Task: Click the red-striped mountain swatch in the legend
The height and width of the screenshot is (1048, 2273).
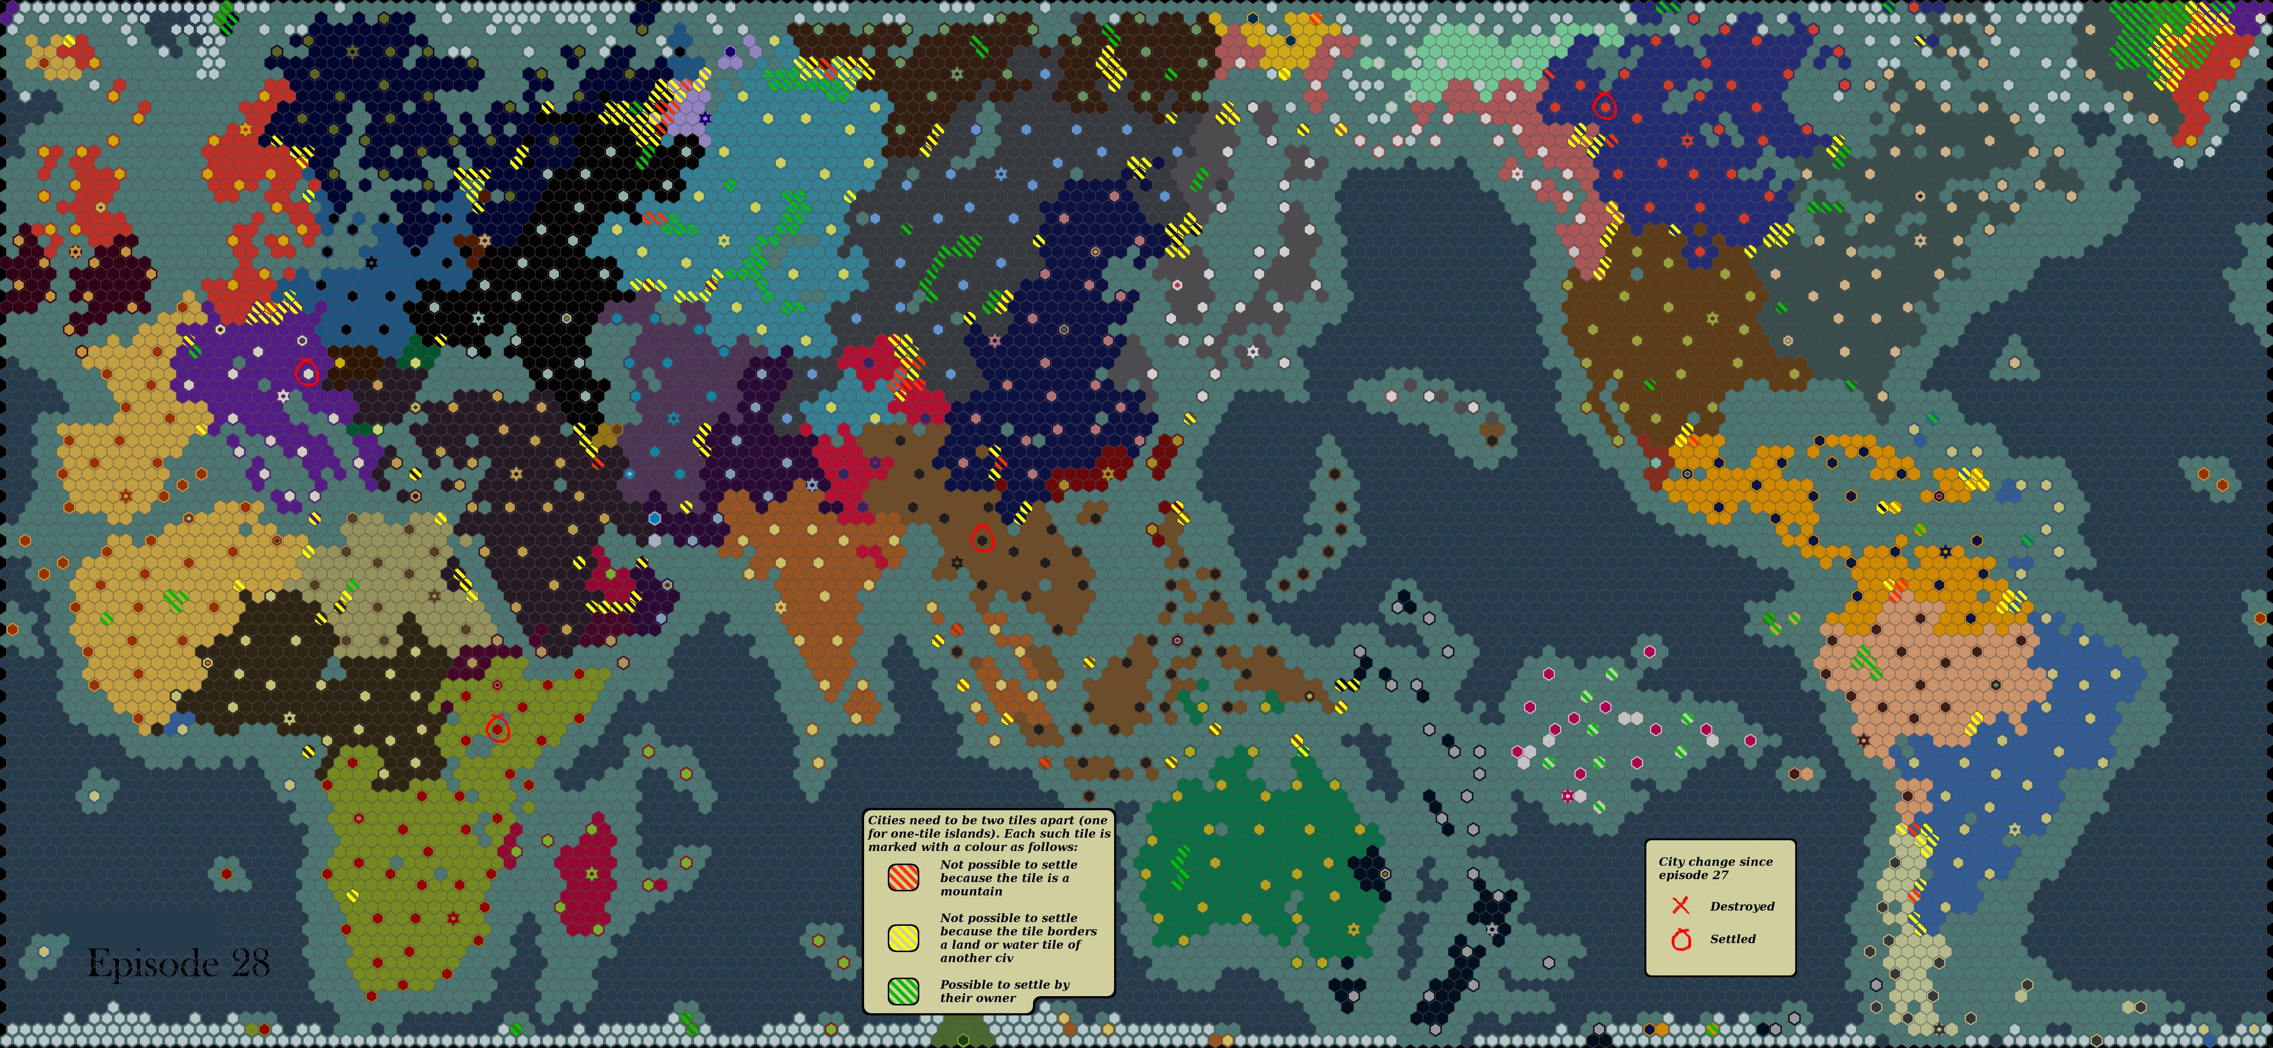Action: (x=903, y=877)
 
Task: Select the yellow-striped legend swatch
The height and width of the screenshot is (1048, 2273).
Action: (x=903, y=938)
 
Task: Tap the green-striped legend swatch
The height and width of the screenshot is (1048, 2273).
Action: (x=903, y=991)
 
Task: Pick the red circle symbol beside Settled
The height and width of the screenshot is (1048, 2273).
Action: (x=1681, y=939)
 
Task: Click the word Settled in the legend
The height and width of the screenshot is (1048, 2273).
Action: (x=1732, y=939)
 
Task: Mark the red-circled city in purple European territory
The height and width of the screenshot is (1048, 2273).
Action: (x=306, y=374)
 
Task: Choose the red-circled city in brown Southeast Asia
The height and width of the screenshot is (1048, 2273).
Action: (x=982, y=539)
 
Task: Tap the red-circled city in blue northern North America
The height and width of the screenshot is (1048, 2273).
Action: (x=1604, y=107)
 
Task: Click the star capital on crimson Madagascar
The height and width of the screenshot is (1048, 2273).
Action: (x=591, y=873)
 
